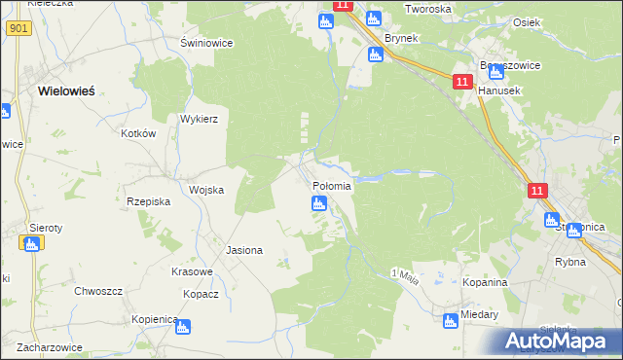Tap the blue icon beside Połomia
[x=318, y=203]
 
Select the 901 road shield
[x=18, y=28]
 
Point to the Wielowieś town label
[x=66, y=90]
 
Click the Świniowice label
[x=203, y=43]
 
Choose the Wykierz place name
[x=199, y=119]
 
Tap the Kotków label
[x=137, y=133]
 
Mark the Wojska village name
[x=206, y=190]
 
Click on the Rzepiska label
[x=149, y=201]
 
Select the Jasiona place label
[x=244, y=250]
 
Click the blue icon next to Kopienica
[x=182, y=327]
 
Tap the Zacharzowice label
[x=40, y=347]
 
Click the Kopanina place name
[x=486, y=282]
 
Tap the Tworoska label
[x=428, y=9]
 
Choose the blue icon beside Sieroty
[x=31, y=244]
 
